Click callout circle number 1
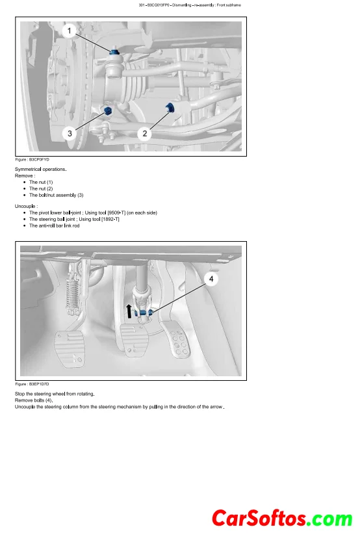click(70, 31)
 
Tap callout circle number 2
click(145, 133)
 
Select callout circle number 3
click(70, 133)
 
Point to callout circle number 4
click(211, 279)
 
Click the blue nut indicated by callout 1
click(114, 53)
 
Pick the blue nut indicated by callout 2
click(170, 107)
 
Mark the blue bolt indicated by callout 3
click(108, 111)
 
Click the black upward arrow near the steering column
click(129, 311)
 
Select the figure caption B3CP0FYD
click(32, 160)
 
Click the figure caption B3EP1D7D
click(32, 384)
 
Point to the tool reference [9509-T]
click(116, 213)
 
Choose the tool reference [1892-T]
click(110, 220)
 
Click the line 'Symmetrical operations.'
click(41, 170)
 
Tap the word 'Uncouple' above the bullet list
click(25, 206)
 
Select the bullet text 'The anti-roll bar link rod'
click(55, 226)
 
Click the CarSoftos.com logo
click(282, 519)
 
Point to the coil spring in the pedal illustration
click(71, 292)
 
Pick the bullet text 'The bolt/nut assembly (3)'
click(56, 195)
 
